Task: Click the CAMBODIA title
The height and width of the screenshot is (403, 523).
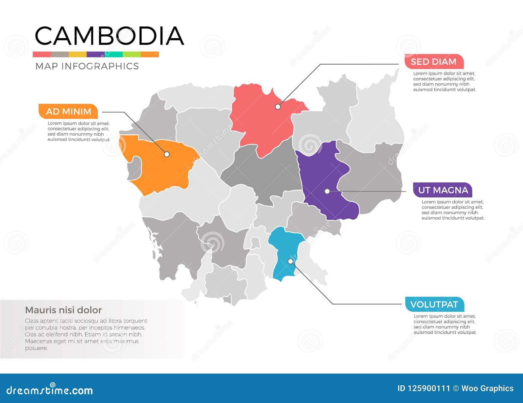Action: click(109, 36)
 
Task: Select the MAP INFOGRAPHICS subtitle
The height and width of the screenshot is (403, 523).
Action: click(87, 66)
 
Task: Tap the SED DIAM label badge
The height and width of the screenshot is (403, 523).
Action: click(433, 62)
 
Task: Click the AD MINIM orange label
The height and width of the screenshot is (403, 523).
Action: click(68, 111)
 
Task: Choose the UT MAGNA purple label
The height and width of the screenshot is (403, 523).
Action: click(443, 190)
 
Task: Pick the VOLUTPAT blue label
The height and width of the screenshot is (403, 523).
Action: click(434, 305)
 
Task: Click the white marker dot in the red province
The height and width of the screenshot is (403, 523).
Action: click(278, 107)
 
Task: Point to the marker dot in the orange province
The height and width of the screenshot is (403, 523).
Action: click(167, 154)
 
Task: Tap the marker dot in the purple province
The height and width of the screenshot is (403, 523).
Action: click(327, 191)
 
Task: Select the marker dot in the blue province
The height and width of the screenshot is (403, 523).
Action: click(290, 261)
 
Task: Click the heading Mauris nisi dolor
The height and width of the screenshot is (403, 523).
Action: click(63, 310)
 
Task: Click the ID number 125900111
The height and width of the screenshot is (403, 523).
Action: click(429, 388)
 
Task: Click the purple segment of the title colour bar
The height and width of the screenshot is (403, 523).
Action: click(95, 54)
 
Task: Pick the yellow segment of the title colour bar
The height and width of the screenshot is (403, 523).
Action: click(77, 54)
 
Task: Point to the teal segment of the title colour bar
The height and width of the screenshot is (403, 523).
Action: click(113, 54)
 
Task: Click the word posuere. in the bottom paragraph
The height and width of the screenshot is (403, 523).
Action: click(36, 348)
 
